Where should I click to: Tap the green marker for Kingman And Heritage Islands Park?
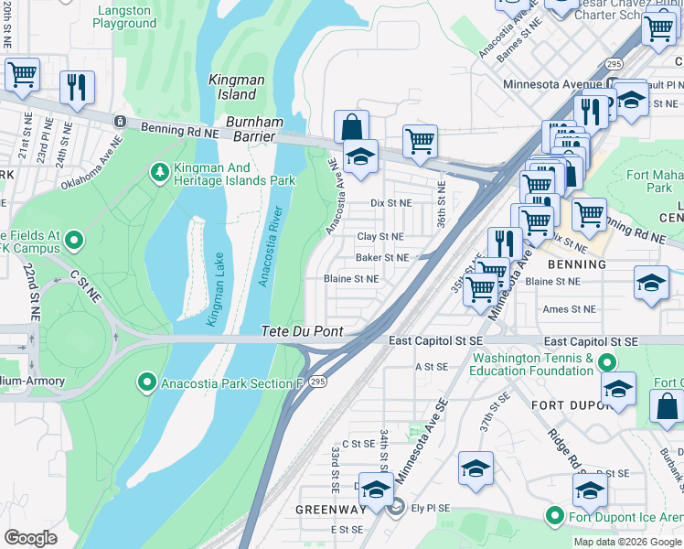[x=160, y=172]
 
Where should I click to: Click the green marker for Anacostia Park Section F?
[x=145, y=382]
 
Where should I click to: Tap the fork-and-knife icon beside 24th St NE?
[x=75, y=87]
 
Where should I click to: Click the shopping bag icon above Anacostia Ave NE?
[x=350, y=126]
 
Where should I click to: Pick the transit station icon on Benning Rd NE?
[x=119, y=122]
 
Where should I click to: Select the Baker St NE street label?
[x=382, y=258]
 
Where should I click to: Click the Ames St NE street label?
[x=569, y=310]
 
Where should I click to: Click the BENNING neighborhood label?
[x=576, y=264]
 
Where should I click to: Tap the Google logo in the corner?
[x=30, y=537]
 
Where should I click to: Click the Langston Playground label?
[x=125, y=16]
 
